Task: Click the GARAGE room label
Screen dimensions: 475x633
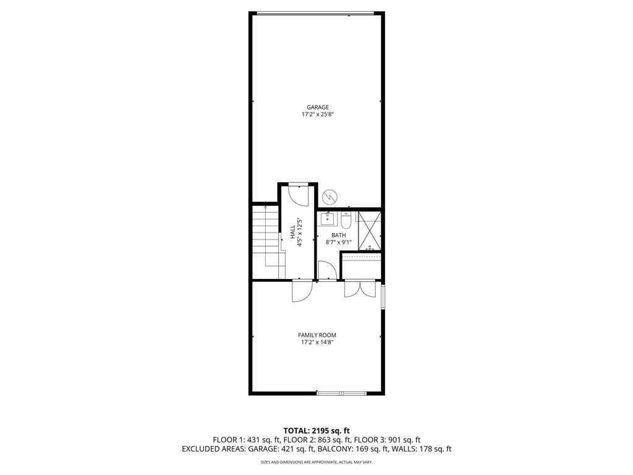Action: [x=318, y=107]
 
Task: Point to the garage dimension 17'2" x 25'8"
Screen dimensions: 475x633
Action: [x=318, y=114]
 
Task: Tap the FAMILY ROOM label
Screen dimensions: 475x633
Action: [x=318, y=335]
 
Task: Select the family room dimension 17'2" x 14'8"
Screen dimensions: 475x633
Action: [x=318, y=342]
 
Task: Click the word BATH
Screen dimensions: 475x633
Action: [x=338, y=235]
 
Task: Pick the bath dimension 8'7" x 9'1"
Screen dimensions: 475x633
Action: [x=338, y=242]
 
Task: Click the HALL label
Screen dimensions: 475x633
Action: [x=292, y=232]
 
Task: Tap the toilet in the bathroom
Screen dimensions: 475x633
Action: [x=346, y=220]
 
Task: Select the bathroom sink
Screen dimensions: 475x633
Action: [x=326, y=219]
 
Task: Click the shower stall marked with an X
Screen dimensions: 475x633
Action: [x=369, y=230]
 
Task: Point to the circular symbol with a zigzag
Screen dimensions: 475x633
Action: [x=329, y=197]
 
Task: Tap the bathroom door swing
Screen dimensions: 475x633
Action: [x=327, y=271]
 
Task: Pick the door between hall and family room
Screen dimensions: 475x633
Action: [x=302, y=291]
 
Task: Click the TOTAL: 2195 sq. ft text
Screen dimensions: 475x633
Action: [x=316, y=430]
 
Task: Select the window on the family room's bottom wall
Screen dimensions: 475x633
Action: [x=341, y=393]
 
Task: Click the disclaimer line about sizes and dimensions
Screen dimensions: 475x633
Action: [x=316, y=462]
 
